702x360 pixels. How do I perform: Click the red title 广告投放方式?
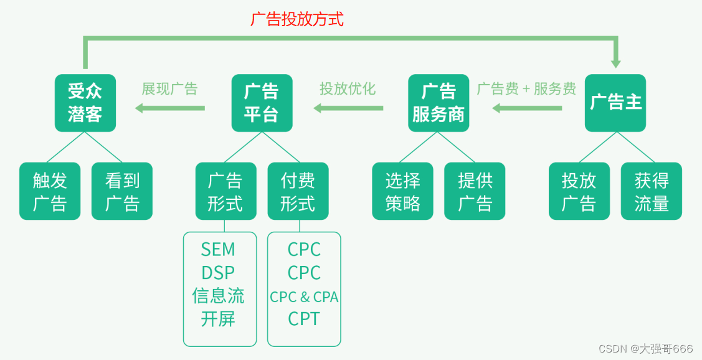tap(297, 19)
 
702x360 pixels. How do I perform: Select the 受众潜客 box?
tap(85, 103)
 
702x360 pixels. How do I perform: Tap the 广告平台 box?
tap(262, 103)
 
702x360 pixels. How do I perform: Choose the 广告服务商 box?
tap(439, 103)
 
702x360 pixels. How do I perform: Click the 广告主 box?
tap(615, 103)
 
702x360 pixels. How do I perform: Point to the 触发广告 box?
tap(50, 191)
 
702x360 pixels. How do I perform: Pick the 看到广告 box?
tap(122, 191)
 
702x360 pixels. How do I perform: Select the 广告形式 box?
tap(225, 191)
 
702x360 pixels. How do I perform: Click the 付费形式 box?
tap(298, 191)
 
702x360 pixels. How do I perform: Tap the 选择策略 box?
tap(402, 191)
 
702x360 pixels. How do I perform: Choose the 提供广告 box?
tap(475, 191)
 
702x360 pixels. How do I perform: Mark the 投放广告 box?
tap(579, 191)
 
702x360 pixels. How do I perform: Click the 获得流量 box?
tap(652, 191)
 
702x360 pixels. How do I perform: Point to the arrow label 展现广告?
tap(169, 89)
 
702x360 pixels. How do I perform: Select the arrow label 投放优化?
tap(348, 89)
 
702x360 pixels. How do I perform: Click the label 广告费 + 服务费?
tap(526, 89)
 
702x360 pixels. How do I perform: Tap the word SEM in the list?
tap(218, 249)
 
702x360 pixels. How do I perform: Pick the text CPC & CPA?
tap(304, 297)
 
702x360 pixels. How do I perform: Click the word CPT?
tap(304, 319)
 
